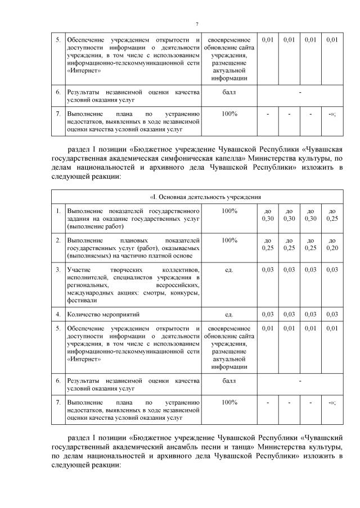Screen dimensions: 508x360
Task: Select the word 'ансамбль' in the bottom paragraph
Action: click(x=181, y=446)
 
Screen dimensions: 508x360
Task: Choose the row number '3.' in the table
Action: click(x=58, y=270)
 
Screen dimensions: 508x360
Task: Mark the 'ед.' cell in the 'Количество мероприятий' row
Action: click(x=229, y=314)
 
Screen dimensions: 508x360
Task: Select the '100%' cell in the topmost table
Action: click(x=229, y=114)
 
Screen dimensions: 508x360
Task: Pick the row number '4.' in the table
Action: click(x=58, y=314)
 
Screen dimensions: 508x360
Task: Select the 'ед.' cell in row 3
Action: click(x=229, y=270)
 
